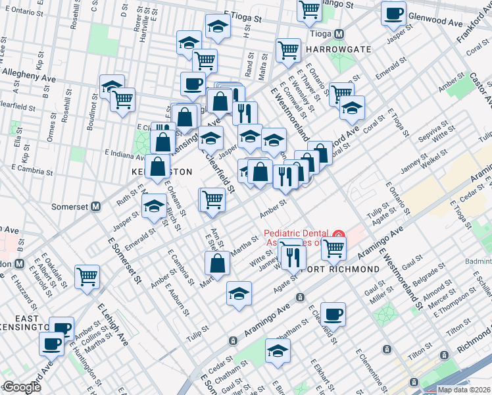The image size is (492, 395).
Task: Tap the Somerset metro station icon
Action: coord(95,206)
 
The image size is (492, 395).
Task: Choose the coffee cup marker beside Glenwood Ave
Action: coord(394,14)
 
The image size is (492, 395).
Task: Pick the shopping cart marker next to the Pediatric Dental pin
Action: coord(334,248)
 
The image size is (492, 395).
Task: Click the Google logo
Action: coord(21,387)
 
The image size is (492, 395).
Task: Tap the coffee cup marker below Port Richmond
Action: coord(333,314)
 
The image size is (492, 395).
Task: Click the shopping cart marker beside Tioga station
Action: coord(309,10)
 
